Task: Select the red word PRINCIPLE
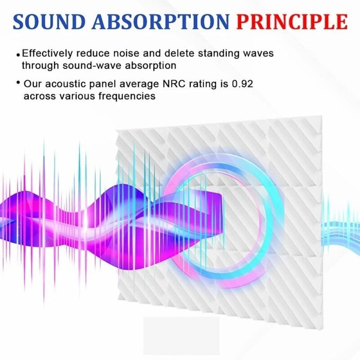(291, 22)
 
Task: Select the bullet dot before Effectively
(19, 54)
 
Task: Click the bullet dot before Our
(19, 83)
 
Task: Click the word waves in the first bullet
(259, 53)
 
